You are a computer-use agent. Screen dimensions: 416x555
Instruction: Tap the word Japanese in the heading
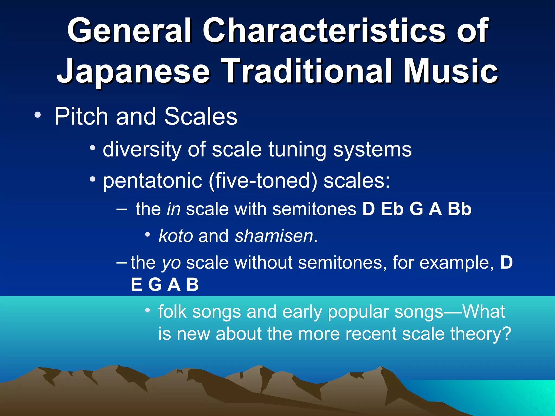[x=133, y=72]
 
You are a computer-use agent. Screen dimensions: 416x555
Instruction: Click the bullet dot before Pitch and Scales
[x=37, y=115]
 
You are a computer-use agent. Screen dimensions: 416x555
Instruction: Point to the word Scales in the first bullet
[x=201, y=116]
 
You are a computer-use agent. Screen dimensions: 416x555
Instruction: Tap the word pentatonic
[x=153, y=181]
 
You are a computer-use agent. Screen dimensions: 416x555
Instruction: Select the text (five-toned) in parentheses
[x=263, y=181]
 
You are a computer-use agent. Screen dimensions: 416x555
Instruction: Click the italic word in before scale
[x=173, y=209]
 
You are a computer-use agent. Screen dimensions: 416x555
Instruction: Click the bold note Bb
[x=459, y=209]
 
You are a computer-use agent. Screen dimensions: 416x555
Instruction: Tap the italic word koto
[x=176, y=236]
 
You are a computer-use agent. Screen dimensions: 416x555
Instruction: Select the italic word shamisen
[x=274, y=236]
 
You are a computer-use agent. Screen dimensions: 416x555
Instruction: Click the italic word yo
[x=171, y=263]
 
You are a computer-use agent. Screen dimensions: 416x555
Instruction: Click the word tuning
[x=297, y=149]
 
